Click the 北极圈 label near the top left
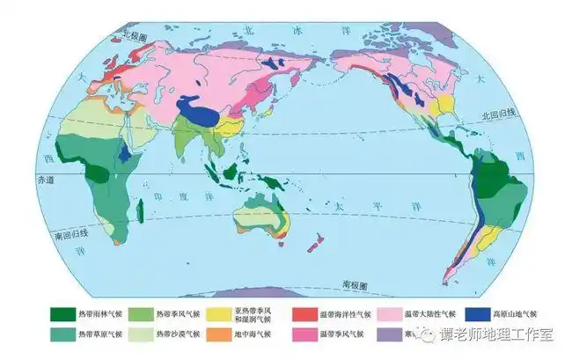138,36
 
